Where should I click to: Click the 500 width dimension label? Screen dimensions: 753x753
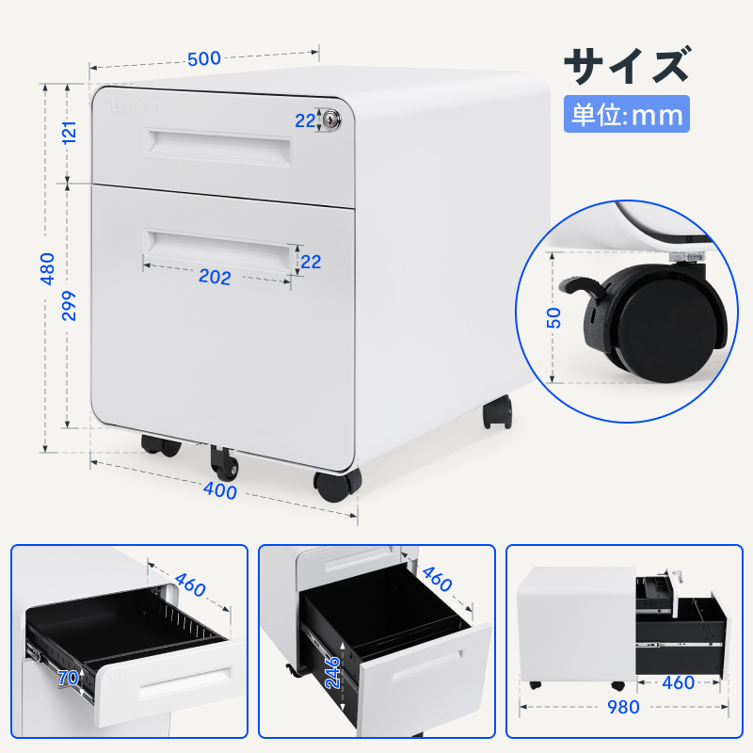pos(203,58)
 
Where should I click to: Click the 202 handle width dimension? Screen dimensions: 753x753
pos(216,278)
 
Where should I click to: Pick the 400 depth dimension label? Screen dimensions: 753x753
pos(220,490)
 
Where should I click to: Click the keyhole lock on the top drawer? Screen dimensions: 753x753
pos(334,120)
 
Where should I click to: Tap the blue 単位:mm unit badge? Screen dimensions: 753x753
pos(627,115)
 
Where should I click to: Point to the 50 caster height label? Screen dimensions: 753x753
pos(554,317)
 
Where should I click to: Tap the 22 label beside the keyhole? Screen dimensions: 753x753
pos(305,120)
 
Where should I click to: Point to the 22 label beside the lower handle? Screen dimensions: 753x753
pos(312,263)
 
